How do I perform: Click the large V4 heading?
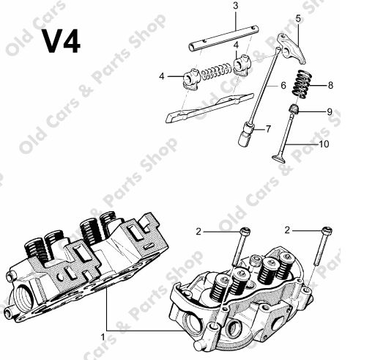(62, 41)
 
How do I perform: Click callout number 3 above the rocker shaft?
(235, 6)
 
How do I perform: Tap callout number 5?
(298, 19)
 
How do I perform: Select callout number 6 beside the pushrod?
(283, 86)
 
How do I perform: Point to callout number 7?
(268, 129)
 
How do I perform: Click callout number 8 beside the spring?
(330, 86)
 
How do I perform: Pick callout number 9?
(330, 112)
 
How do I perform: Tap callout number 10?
(324, 144)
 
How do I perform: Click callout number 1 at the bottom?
(103, 337)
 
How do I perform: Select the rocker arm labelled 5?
(292, 49)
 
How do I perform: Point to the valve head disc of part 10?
(278, 158)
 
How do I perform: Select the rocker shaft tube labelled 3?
(224, 38)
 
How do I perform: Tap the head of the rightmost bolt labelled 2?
(327, 230)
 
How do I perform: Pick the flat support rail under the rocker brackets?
(209, 108)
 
